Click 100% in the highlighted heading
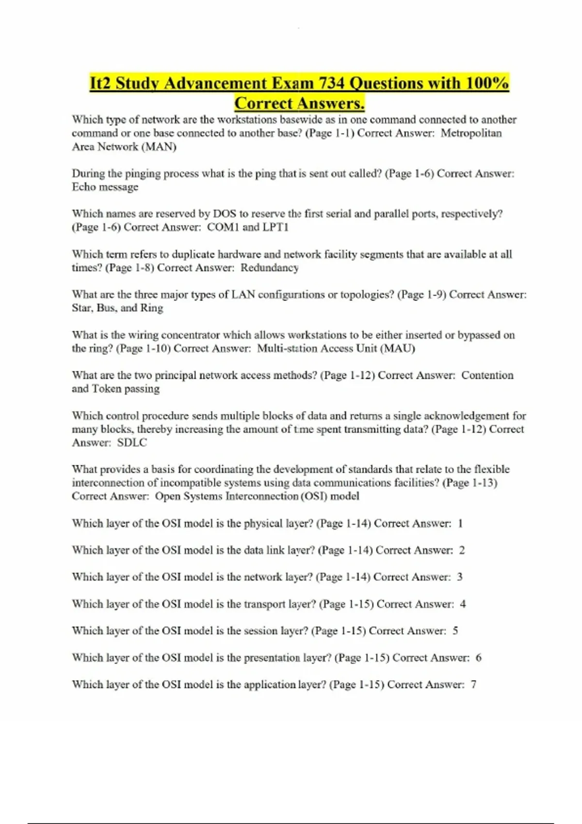pyautogui.click(x=487, y=83)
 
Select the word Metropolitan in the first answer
pyautogui.click(x=471, y=133)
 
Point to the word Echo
pyautogui.click(x=84, y=187)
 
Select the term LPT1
pyautogui.click(x=275, y=227)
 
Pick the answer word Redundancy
pyautogui.click(x=270, y=268)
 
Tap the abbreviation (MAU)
pyautogui.click(x=398, y=349)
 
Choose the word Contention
pyautogui.click(x=487, y=376)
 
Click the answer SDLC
pyautogui.click(x=132, y=443)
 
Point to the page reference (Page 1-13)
pyautogui.click(x=469, y=483)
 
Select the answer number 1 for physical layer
pyautogui.click(x=460, y=523)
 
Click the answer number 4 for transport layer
pyautogui.click(x=463, y=604)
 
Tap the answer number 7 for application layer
pyautogui.click(x=473, y=685)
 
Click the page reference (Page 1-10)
pyautogui.click(x=143, y=349)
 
